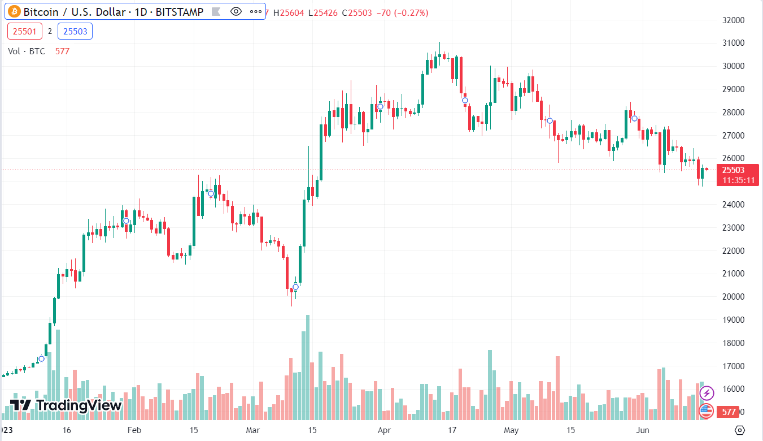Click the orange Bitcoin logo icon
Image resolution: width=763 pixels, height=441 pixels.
tap(14, 12)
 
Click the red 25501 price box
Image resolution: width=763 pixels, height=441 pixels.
tap(25, 31)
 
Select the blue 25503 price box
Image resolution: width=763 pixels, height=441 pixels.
tap(75, 31)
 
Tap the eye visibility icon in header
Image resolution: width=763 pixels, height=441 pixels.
tap(236, 12)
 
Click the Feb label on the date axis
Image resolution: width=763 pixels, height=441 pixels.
tap(134, 430)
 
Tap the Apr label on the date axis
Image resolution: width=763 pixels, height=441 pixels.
tap(384, 430)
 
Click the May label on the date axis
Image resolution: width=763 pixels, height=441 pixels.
tap(511, 430)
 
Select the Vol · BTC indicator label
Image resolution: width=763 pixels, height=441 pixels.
tap(27, 51)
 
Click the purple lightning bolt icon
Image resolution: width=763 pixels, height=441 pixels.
tap(706, 392)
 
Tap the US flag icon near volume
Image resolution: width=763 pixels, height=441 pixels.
tap(706, 411)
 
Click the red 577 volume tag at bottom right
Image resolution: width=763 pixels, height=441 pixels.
tap(729, 413)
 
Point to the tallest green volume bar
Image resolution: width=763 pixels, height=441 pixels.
tap(308, 367)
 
